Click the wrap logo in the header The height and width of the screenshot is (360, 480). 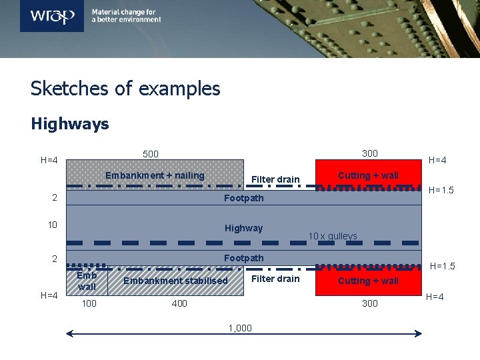click(52, 15)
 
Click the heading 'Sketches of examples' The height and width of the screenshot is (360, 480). click(125, 89)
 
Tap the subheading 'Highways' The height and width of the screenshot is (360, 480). click(70, 124)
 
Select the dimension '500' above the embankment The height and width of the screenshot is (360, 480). click(151, 154)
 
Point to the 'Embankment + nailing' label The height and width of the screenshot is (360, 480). click(155, 175)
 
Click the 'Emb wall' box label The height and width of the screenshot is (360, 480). click(87, 281)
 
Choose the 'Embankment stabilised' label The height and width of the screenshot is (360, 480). click(175, 281)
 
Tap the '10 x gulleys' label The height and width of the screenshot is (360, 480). click(333, 236)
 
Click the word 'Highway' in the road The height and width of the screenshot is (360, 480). click(243, 228)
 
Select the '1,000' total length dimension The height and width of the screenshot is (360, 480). click(240, 327)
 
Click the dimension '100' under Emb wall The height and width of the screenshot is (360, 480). click(88, 303)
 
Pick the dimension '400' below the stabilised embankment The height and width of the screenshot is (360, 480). click(179, 303)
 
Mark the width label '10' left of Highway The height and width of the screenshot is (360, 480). click(53, 225)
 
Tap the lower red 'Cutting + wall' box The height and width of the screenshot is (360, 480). click(368, 281)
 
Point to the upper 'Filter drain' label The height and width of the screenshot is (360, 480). click(275, 179)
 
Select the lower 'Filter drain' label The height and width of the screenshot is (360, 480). click(275, 279)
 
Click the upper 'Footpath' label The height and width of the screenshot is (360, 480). click(243, 198)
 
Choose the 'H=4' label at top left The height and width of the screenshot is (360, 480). click(49, 160)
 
